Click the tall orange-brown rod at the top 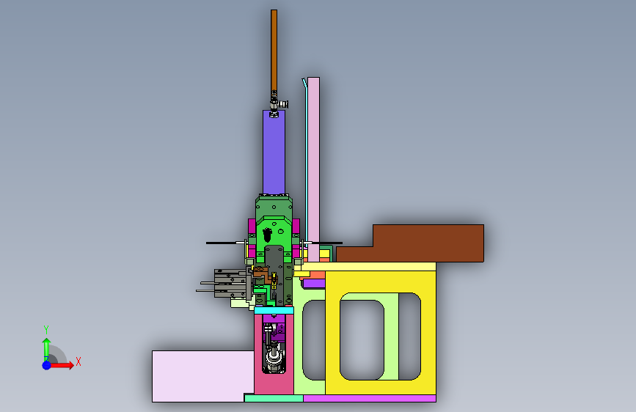[274, 51]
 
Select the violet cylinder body [274, 152]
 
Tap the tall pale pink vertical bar [313, 169]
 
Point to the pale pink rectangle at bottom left [202, 376]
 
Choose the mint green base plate [274, 398]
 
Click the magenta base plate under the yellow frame [370, 398]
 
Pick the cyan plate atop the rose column [274, 311]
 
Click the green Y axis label [46, 329]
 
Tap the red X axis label [78, 361]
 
